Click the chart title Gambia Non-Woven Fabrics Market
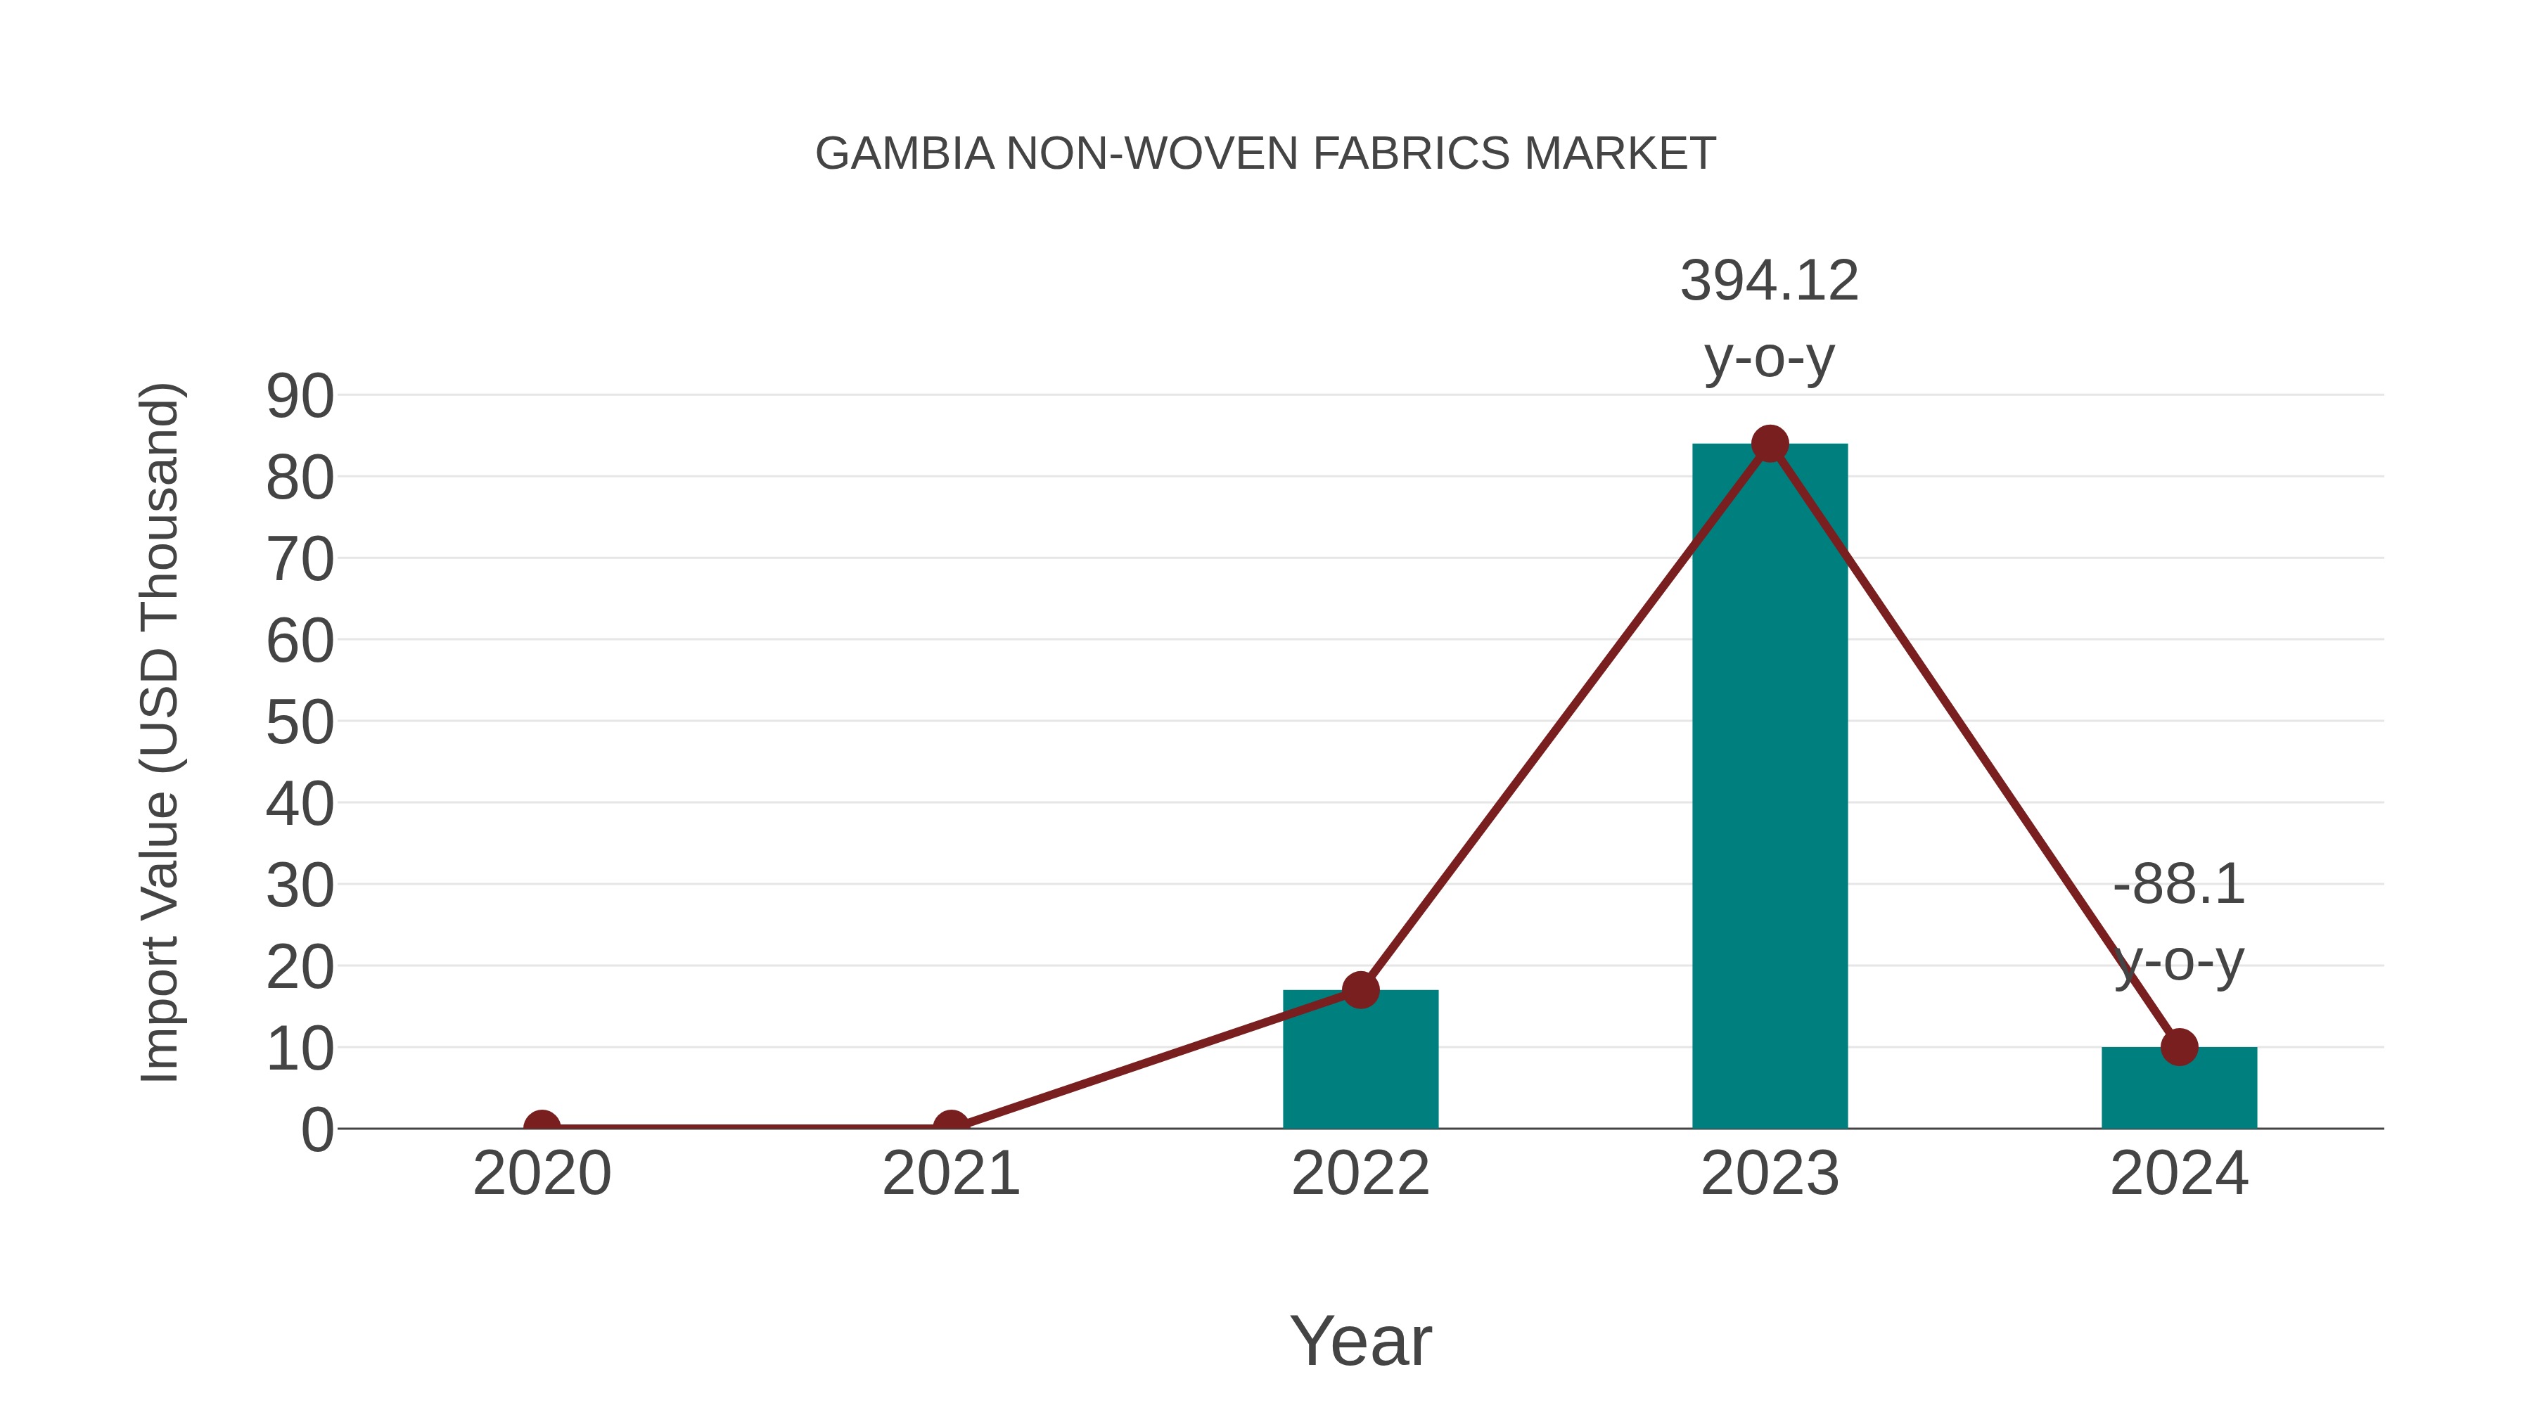pos(1265,154)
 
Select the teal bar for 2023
pos(1770,786)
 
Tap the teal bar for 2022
pos(1360,1061)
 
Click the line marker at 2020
pos(542,1127)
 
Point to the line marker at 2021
pos(950,1127)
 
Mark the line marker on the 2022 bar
pos(1360,989)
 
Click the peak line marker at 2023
pos(1770,444)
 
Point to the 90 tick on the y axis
pos(300,397)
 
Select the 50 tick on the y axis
pos(300,724)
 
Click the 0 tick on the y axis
pos(317,1130)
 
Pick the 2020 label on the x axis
pos(542,1174)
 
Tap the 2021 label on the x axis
pos(950,1174)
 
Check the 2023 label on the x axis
pos(1770,1174)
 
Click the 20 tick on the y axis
pos(300,968)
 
